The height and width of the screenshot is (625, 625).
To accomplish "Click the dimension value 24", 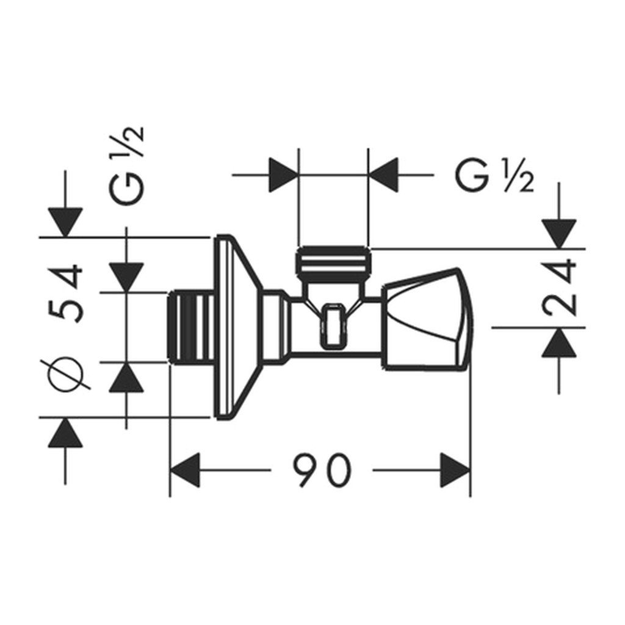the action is pos(559,288).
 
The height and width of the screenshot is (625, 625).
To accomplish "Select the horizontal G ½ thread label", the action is pos(494,176).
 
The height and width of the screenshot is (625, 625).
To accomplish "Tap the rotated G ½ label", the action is pos(126,166).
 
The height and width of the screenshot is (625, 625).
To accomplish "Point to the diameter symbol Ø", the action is pos(66,373).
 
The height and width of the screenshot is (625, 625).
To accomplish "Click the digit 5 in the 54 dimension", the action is pos(66,307).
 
